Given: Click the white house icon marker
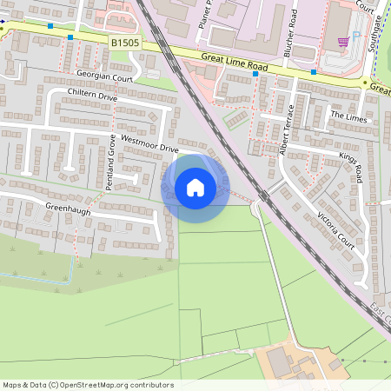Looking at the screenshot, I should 195,187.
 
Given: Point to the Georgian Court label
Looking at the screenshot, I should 103,76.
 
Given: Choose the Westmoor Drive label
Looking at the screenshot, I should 149,144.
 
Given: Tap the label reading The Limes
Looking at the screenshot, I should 348,115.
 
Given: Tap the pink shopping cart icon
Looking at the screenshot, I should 343,41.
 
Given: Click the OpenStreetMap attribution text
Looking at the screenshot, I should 88,385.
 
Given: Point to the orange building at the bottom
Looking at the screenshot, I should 287,361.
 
